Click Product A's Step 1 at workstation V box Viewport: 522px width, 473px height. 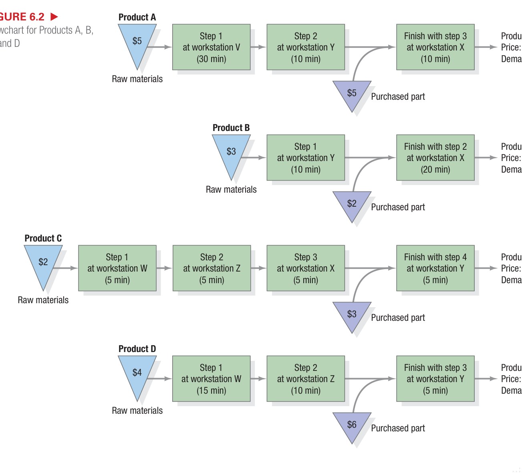tap(211, 47)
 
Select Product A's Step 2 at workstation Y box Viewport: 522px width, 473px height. tap(305, 47)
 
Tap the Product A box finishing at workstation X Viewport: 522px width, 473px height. tap(435, 47)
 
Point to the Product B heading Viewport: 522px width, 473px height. tap(231, 128)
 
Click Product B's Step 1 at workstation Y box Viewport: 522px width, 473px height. tap(305, 158)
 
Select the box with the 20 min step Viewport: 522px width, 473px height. tap(435, 158)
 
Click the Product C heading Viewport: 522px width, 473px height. tap(43, 238)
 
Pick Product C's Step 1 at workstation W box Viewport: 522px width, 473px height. tap(117, 268)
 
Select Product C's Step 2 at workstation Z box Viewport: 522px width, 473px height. tap(212, 268)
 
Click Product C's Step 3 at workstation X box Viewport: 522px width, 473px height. tap(305, 268)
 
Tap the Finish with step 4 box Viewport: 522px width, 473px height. tap(435, 268)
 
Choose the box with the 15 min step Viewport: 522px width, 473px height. tap(211, 379)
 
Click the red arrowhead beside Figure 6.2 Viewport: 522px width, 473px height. tap(54, 17)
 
